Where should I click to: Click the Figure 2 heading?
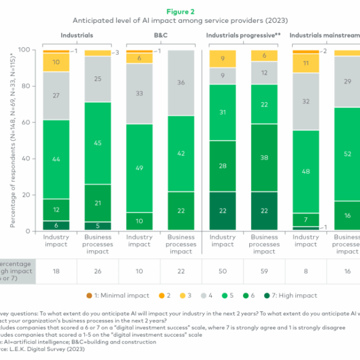click(180, 10)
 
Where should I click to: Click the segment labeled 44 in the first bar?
click(56, 159)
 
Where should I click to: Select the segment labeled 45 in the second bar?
click(97, 143)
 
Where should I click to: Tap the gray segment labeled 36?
click(180, 82)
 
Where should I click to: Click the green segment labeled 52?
click(347, 154)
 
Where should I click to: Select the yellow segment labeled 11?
click(306, 63)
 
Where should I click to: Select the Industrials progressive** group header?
click(243, 36)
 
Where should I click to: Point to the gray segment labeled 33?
click(139, 94)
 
